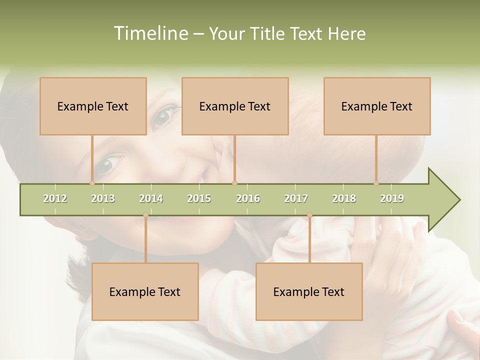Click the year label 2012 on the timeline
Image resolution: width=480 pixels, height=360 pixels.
[55, 198]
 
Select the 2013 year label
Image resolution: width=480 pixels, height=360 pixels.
[103, 198]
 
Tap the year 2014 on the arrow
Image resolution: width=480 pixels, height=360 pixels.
[151, 198]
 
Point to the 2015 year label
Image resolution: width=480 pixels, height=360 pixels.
[199, 198]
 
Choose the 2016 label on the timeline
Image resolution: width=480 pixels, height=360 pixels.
[248, 198]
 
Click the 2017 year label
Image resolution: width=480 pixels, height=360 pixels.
[296, 198]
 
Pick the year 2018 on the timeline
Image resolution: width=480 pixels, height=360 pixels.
[344, 198]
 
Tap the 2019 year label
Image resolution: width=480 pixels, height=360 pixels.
[392, 198]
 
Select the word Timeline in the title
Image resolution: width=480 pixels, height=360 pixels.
[149, 33]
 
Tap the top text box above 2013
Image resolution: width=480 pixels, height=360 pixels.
[93, 106]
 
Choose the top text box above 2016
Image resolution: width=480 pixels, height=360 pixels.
[235, 106]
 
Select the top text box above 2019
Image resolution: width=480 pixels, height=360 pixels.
[377, 106]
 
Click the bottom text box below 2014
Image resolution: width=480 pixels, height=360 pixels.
[145, 291]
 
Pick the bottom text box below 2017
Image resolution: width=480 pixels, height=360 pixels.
[309, 291]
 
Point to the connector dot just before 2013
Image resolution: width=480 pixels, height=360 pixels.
[92, 183]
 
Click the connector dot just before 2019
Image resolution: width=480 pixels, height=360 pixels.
[376, 183]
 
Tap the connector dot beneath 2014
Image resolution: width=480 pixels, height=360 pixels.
[145, 215]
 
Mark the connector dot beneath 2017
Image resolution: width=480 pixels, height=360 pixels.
[309, 215]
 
